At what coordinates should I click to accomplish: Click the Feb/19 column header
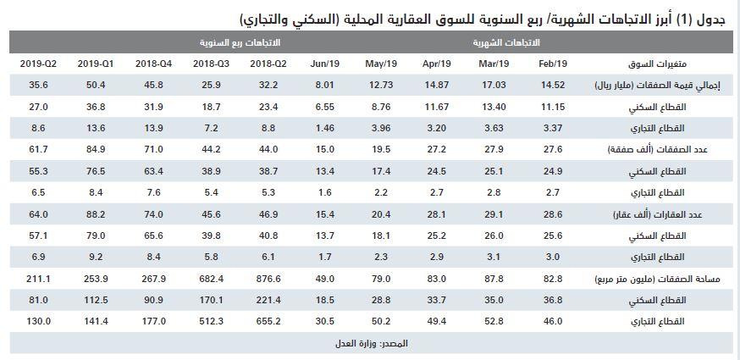tap(552, 64)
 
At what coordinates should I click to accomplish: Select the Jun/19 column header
tap(325, 64)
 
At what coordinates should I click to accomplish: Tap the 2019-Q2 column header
tap(38, 64)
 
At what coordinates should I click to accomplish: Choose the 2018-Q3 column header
tap(210, 64)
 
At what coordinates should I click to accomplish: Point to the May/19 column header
tap(381, 64)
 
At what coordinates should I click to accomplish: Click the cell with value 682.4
tap(210, 277)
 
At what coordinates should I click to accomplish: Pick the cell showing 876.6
tap(269, 277)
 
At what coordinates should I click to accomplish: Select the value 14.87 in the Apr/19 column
tap(437, 85)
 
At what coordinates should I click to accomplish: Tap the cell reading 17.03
tap(494, 85)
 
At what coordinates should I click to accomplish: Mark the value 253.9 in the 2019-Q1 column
tap(92, 277)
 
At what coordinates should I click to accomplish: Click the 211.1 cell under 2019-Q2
tap(38, 277)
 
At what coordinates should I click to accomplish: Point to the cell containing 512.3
tap(210, 321)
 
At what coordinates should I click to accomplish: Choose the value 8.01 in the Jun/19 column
tap(325, 85)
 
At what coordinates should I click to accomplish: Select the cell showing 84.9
tap(92, 148)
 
